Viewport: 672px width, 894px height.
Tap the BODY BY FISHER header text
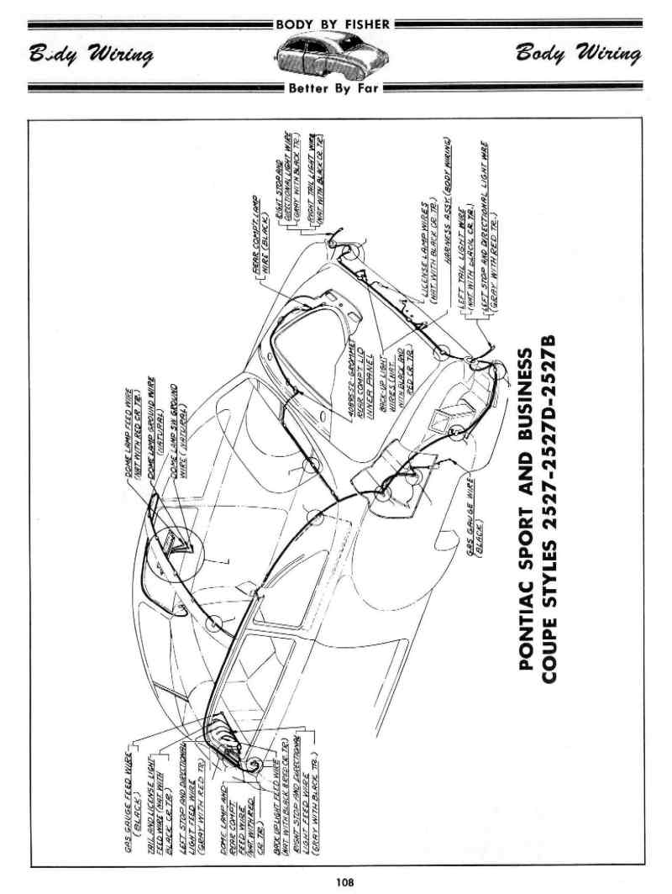click(x=333, y=24)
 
